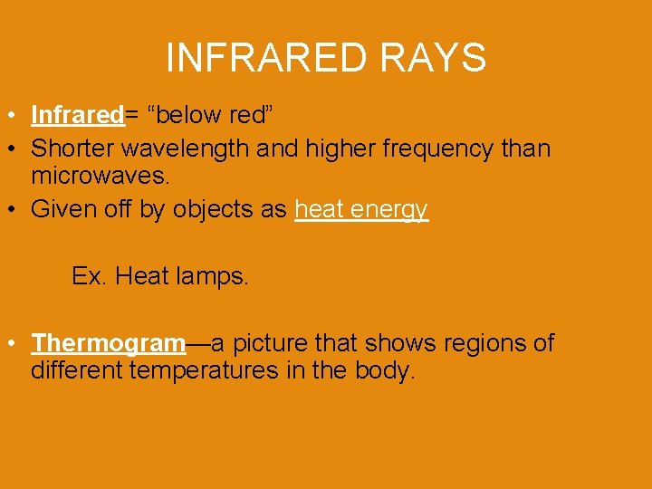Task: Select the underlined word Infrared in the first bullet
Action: click(77, 116)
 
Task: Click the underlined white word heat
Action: click(320, 209)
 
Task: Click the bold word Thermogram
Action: click(109, 344)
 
